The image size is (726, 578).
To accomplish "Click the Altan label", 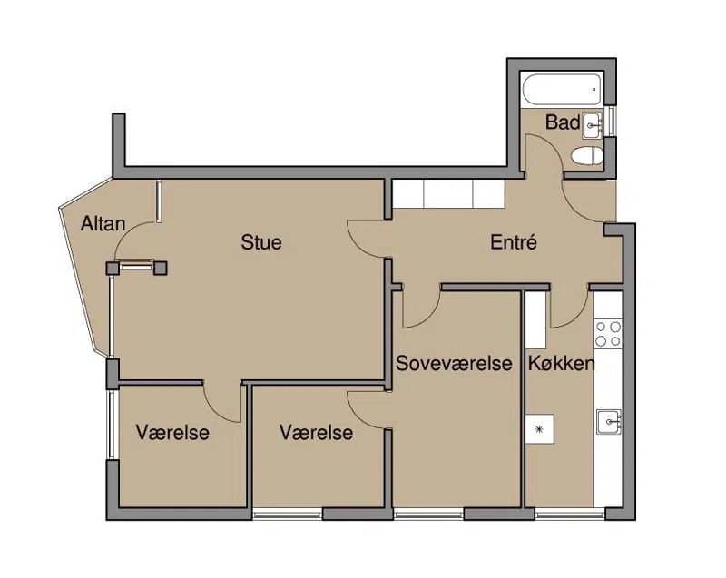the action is tap(103, 224).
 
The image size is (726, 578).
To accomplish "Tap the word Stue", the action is tap(261, 242).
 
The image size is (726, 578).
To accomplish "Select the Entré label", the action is tap(514, 242).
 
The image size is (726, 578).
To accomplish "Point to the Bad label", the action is tap(563, 122).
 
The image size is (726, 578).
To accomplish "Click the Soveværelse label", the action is tap(454, 363).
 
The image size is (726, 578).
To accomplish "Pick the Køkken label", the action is tap(561, 363).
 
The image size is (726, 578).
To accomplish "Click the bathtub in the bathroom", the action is tap(562, 90).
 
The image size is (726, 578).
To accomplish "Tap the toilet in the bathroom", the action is tap(586, 156).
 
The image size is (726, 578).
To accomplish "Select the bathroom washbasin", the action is tap(593, 125).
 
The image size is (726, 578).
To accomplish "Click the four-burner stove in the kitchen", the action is tap(608, 334).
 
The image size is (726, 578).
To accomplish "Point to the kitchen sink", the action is tap(608, 422).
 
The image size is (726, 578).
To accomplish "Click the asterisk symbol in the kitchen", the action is tap(539, 429).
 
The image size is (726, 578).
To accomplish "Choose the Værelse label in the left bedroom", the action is tap(172, 433).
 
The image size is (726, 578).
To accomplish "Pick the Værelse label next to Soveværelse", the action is tap(316, 433).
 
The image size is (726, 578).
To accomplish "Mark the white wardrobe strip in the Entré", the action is tap(448, 193).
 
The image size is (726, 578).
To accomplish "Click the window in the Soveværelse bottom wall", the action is tap(428, 514).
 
